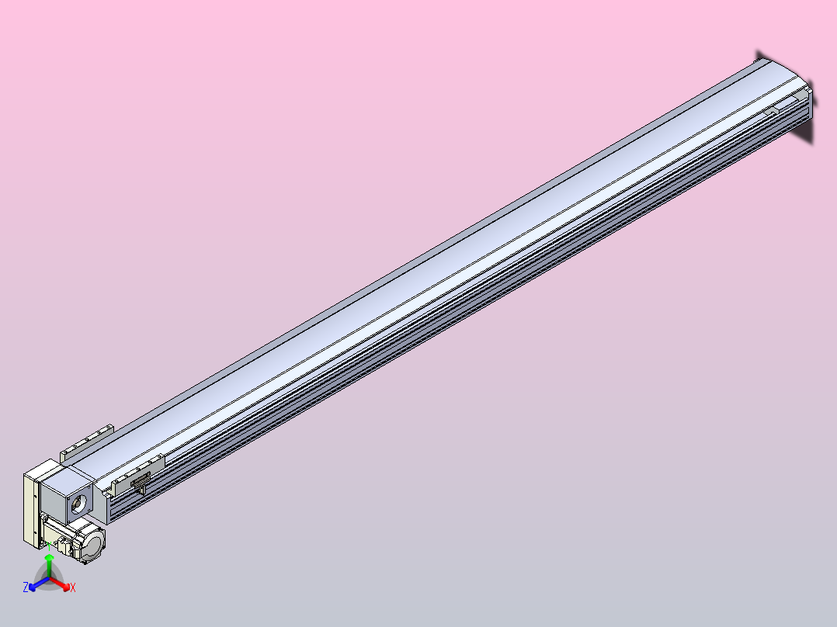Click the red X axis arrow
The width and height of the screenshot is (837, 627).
tap(61, 584)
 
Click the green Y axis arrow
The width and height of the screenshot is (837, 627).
tap(49, 570)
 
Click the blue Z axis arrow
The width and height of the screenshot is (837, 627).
tap(38, 584)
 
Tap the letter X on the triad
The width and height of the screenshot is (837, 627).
tap(73, 588)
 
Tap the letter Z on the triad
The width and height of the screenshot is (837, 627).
tap(26, 588)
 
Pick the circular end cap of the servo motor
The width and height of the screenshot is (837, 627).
tap(92, 543)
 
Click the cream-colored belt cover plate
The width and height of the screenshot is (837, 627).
tap(30, 508)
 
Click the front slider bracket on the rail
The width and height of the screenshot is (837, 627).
tap(138, 475)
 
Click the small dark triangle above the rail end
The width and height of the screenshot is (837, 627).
tap(759, 56)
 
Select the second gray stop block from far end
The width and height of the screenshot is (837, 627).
tap(771, 113)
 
